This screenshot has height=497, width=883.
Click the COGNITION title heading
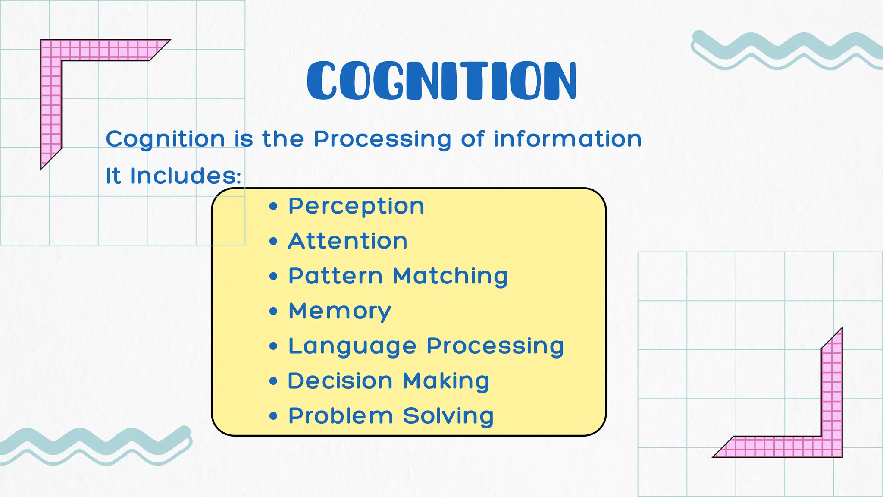441,81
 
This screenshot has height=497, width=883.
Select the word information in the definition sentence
567,139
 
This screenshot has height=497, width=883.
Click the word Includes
185,176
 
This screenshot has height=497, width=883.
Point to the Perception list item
356,206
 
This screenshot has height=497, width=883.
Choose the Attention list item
348,241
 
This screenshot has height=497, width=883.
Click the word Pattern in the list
335,276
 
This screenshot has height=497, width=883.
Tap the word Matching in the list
451,277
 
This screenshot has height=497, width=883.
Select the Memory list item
340,311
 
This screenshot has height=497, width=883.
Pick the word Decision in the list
340,381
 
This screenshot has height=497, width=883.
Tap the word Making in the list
446,381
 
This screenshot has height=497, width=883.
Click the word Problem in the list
341,416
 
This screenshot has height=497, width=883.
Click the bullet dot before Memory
273,311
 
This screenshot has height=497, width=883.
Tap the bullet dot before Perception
273,206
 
